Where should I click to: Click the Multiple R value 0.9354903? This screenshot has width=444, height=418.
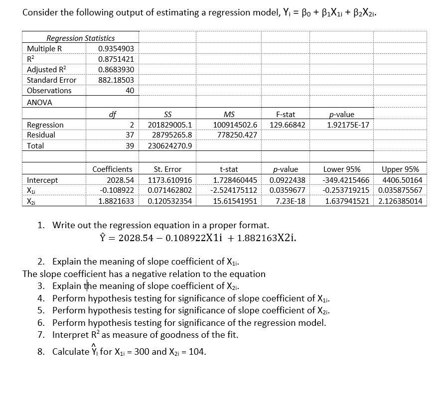point(116,48)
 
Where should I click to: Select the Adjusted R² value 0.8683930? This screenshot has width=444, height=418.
point(116,69)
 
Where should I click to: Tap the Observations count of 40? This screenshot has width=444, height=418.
point(129,91)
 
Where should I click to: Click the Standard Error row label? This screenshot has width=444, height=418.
point(52,80)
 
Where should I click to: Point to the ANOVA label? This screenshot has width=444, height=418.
point(39,102)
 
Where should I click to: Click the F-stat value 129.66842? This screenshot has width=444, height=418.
point(288,125)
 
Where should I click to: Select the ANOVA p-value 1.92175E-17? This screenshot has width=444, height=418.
point(348,125)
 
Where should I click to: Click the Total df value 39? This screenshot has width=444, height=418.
point(129,146)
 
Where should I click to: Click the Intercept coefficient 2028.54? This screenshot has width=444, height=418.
point(121,180)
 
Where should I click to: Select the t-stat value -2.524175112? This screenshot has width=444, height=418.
point(234,190)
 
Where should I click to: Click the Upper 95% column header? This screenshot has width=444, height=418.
point(400,169)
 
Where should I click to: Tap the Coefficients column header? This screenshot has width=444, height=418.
point(113,169)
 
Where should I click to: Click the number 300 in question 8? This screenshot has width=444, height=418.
point(142,352)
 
